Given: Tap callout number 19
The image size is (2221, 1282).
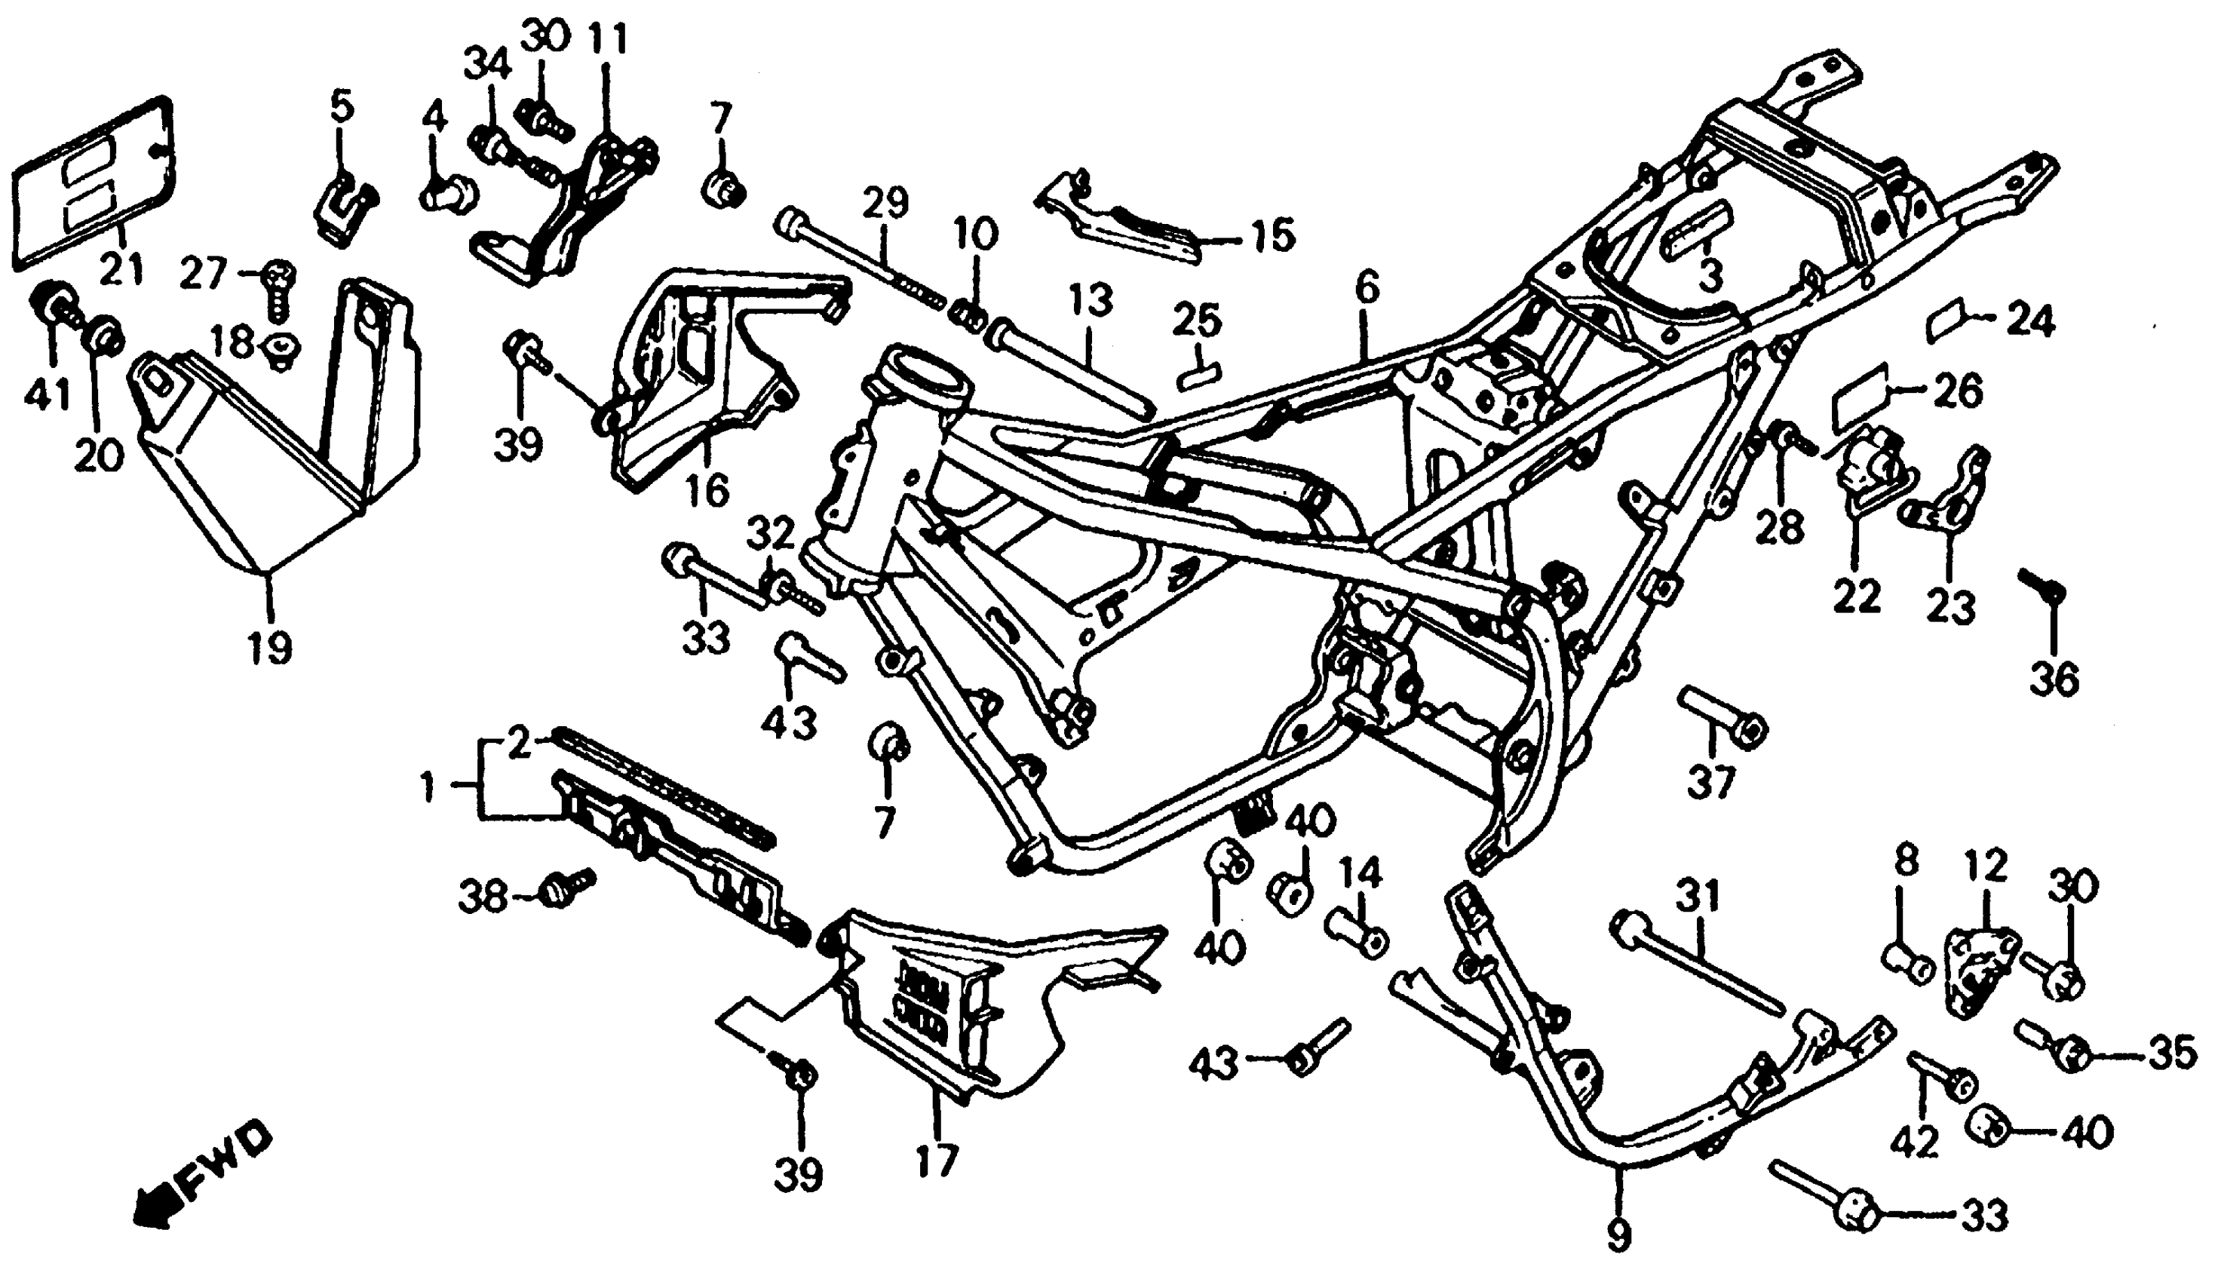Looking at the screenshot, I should pyautogui.click(x=269, y=649).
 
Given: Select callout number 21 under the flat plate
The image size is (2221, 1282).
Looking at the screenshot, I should pyautogui.click(x=121, y=267).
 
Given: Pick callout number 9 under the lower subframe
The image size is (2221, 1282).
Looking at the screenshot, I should pyautogui.click(x=1618, y=1237).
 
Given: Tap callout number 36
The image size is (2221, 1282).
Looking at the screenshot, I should pyautogui.click(x=2054, y=678).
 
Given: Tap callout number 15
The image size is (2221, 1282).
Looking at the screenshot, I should pyautogui.click(x=1272, y=235).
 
